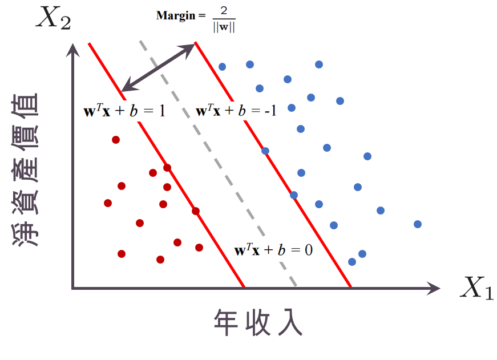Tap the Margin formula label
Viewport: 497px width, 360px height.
pyautogui.click(x=196, y=19)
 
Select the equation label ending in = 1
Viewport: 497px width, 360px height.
pyautogui.click(x=124, y=111)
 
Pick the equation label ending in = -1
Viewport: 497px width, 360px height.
pyautogui.click(x=236, y=111)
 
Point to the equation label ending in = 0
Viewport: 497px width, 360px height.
pyautogui.click(x=274, y=250)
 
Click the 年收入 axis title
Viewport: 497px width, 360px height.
pyautogui.click(x=258, y=323)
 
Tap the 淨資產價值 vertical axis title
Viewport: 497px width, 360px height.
pyautogui.click(x=26, y=161)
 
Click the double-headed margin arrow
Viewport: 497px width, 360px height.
pyautogui.click(x=159, y=67)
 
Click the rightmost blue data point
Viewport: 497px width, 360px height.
pyautogui.click(x=418, y=224)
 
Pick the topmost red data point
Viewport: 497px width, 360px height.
pyautogui.click(x=116, y=140)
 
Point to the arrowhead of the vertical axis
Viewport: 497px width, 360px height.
pyautogui.click(x=72, y=50)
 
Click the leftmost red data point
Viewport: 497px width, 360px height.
pyautogui.click(x=108, y=203)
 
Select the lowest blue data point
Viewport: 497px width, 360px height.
pyautogui.click(x=352, y=262)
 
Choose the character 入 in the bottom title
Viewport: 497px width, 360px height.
pyautogui.click(x=290, y=323)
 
